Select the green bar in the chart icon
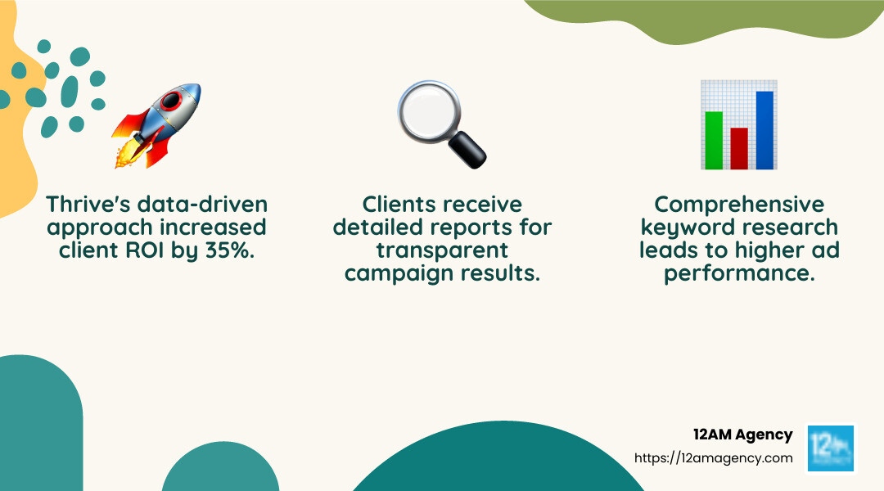point(714,140)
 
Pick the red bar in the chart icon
point(739,148)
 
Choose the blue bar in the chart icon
point(764,130)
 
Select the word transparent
point(442,250)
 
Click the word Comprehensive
point(739,204)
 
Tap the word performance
point(739,273)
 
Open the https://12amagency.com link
point(714,458)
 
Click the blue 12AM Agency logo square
point(830,448)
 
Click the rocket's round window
point(171,101)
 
